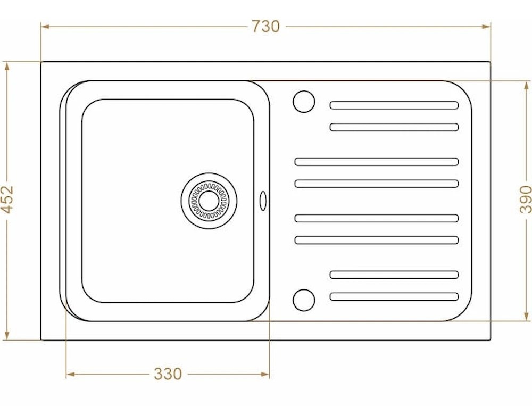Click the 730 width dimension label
pyautogui.click(x=265, y=27)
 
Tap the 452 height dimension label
pyautogui.click(x=7, y=199)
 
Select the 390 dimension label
pyautogui.click(x=525, y=199)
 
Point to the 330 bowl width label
pyautogui.click(x=168, y=374)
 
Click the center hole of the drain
pyautogui.click(x=209, y=201)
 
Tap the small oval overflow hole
pyautogui.click(x=263, y=201)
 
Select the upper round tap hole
pyautogui.click(x=304, y=102)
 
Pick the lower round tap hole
pyautogui.click(x=304, y=300)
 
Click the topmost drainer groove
pyautogui.click(x=394, y=105)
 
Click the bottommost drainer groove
pyautogui.click(x=394, y=297)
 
